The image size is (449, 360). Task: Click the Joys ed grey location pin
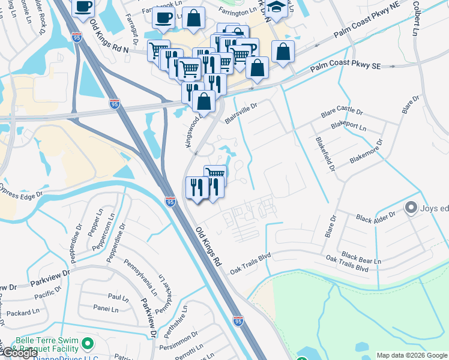411,208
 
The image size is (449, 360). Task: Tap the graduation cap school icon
277,7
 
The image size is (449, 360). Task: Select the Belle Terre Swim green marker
88,344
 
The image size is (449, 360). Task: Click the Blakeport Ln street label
349,127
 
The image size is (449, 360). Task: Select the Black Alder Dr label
376,217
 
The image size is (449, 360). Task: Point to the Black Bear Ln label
361,261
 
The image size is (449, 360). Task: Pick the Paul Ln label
118,297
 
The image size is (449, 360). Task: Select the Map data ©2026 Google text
412,355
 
